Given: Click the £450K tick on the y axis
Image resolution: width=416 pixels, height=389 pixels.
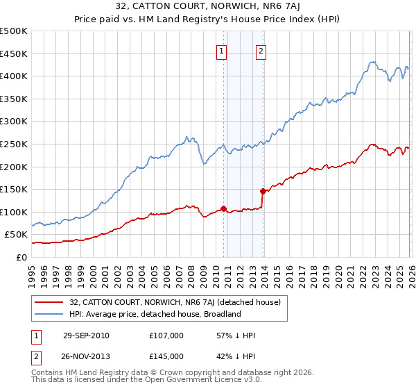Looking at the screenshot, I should pos(14,53).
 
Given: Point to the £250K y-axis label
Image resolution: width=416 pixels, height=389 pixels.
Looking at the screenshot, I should pos(14,144).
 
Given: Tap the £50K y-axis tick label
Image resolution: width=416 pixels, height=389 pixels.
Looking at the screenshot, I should pos(17,235).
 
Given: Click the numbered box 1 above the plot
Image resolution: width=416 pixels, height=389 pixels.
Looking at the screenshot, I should pos(221,50).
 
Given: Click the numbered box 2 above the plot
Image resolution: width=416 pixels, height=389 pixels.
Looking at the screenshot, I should pos(261,50).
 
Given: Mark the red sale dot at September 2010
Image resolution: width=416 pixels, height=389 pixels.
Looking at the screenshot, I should pos(224,208).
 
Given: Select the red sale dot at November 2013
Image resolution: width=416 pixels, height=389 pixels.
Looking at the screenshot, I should pos(263,191).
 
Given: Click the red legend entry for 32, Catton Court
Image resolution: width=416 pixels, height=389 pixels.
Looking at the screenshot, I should pos(175,302).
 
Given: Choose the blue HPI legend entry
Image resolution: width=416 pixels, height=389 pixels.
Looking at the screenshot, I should pos(155,314).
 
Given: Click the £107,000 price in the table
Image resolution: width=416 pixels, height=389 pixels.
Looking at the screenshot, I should pos(166,336).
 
